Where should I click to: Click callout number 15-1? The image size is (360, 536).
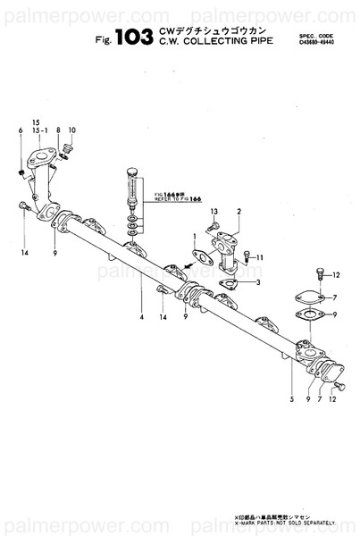click(38, 130)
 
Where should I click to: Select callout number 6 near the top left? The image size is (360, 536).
click(20, 131)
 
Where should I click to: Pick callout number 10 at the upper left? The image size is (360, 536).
click(72, 131)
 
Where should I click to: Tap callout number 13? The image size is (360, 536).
click(214, 211)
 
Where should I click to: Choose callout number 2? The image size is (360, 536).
click(239, 211)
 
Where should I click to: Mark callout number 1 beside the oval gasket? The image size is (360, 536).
click(194, 235)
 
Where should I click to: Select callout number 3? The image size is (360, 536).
click(258, 283)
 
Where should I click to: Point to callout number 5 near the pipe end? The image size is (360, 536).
click(291, 399)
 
